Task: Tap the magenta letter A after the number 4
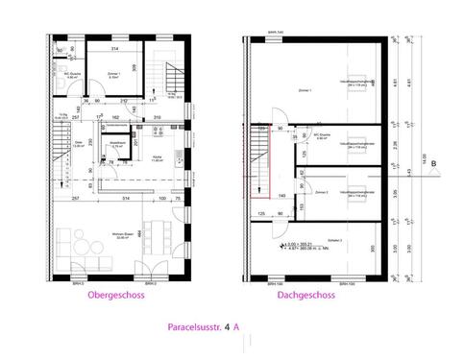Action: [x=237, y=327]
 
